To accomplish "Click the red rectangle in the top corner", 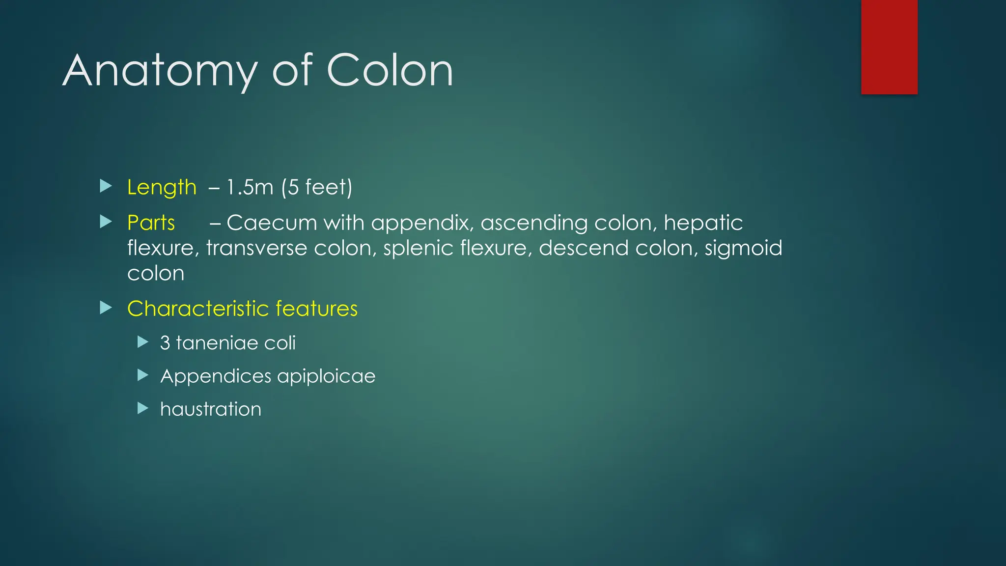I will point(889,47).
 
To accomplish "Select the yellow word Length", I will point(162,188).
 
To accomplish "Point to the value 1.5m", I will point(250,188).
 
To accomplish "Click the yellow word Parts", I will point(151,223).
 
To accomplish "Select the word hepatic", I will point(703,223).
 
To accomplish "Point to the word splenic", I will point(418,248).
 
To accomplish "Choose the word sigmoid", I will point(743,249).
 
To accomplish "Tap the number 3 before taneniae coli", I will point(165,343).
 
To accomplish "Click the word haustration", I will point(211,409).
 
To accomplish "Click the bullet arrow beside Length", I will point(106,186).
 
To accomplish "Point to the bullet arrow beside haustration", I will point(143,408).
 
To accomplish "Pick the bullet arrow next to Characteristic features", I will point(106,308).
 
